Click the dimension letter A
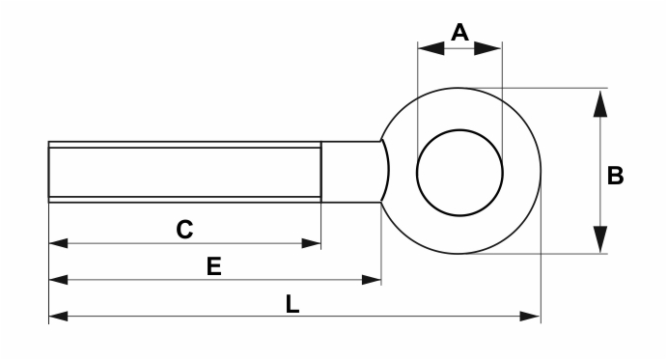click(x=459, y=33)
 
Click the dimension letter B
click(x=615, y=176)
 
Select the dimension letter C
click(x=184, y=230)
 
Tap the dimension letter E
click(x=214, y=266)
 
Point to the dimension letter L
click(x=292, y=304)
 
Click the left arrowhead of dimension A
click(x=431, y=48)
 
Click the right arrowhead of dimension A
click(x=487, y=48)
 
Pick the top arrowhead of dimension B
click(x=600, y=103)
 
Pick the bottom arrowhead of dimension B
click(x=600, y=239)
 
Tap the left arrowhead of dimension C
click(x=58, y=243)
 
